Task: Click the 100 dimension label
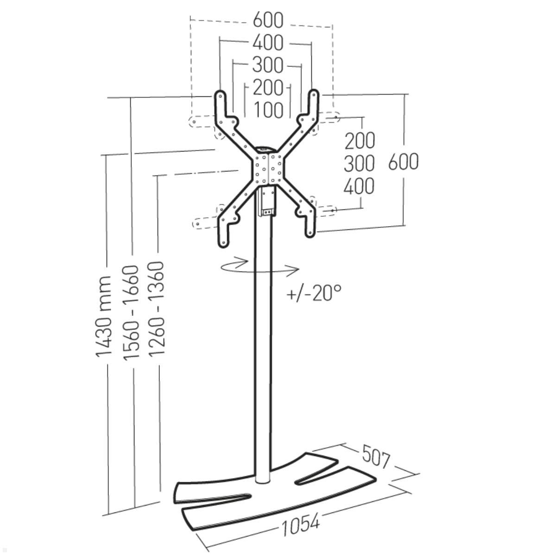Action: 268,110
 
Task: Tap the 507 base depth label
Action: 376,459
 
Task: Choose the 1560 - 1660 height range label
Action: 131,312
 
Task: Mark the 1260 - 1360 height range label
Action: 156,308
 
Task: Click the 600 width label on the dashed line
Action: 268,20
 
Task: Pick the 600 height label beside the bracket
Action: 404,162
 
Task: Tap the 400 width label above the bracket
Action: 268,43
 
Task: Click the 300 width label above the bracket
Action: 268,65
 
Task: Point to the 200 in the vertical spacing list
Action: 360,141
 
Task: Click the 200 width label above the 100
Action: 268,88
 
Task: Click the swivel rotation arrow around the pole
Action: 259,267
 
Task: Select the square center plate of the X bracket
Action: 269,169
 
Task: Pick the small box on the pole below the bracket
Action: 267,202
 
